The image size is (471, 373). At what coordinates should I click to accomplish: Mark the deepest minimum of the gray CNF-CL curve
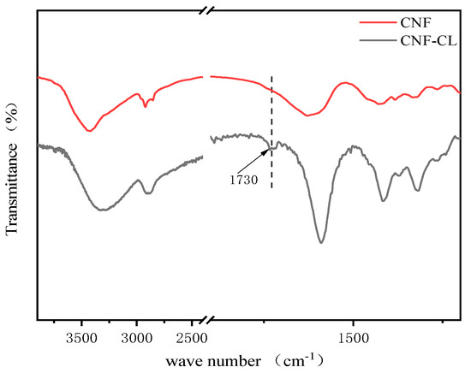[320, 242]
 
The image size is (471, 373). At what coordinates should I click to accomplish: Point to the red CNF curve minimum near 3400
[89, 131]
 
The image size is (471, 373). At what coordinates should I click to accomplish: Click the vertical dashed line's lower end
[271, 188]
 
